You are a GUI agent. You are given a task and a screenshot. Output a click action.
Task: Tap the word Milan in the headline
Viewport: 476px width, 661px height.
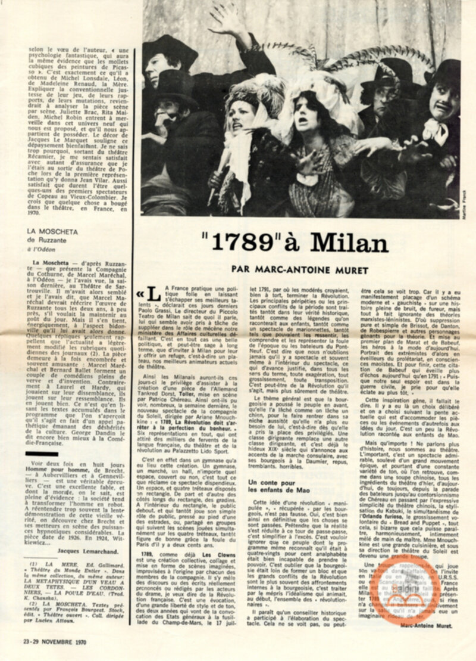(x=349, y=242)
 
